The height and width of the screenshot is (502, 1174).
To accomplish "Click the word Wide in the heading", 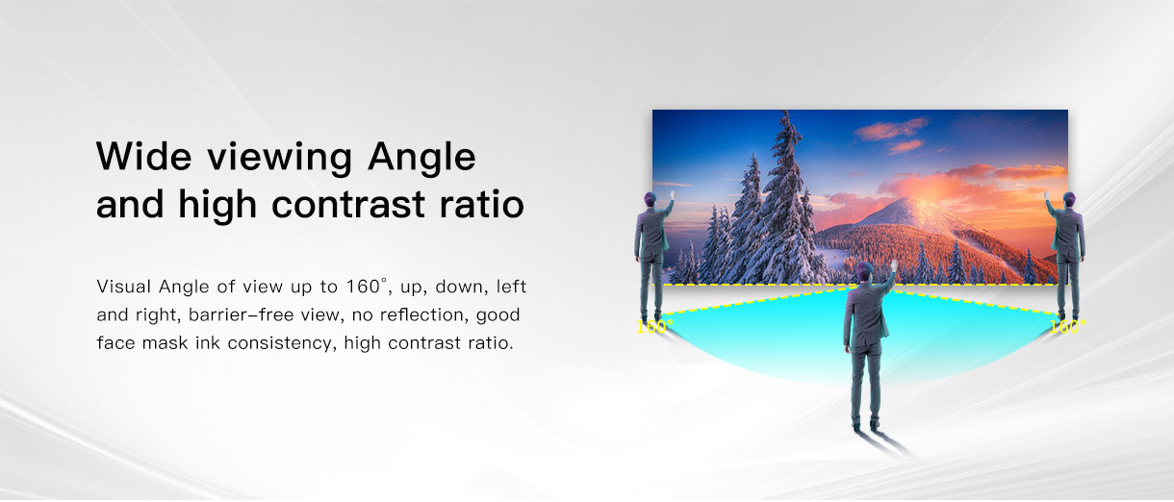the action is (x=144, y=156).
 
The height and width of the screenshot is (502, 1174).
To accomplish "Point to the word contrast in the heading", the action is (x=348, y=205).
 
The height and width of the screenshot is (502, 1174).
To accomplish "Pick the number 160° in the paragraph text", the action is (x=366, y=287).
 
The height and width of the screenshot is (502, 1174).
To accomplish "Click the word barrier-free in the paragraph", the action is (x=239, y=314).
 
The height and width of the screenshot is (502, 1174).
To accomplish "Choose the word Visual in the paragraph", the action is (x=124, y=287).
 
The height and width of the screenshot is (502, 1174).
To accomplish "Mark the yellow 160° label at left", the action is (x=654, y=326).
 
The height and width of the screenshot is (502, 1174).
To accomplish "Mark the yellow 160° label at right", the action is (x=1067, y=326).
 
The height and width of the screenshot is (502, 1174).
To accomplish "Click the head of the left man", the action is (x=650, y=199).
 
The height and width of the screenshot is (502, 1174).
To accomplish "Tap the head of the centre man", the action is (x=865, y=270).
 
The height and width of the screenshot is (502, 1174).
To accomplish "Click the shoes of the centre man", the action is (x=865, y=423).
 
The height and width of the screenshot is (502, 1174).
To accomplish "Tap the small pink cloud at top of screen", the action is (x=906, y=146).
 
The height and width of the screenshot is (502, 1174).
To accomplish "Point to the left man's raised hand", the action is (x=672, y=195).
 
